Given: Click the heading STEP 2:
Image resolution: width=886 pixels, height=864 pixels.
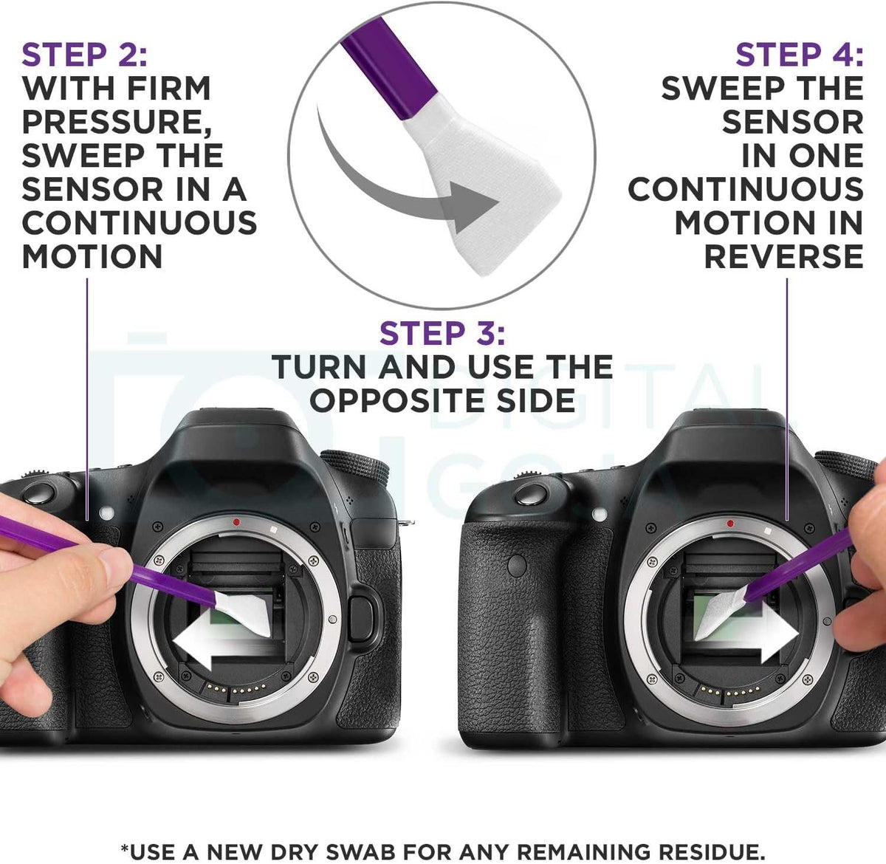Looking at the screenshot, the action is click(85, 55).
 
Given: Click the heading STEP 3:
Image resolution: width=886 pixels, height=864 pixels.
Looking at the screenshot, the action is click(442, 333).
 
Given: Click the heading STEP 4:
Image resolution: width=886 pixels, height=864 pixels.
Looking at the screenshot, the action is click(800, 55).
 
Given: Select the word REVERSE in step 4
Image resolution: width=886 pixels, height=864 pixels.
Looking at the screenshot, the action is click(783, 256).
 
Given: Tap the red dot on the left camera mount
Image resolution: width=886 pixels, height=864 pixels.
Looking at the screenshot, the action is click(236, 522).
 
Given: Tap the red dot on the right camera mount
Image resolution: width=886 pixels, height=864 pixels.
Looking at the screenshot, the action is click(730, 524).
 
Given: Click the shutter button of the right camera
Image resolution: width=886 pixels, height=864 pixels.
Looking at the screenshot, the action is click(531, 495).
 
